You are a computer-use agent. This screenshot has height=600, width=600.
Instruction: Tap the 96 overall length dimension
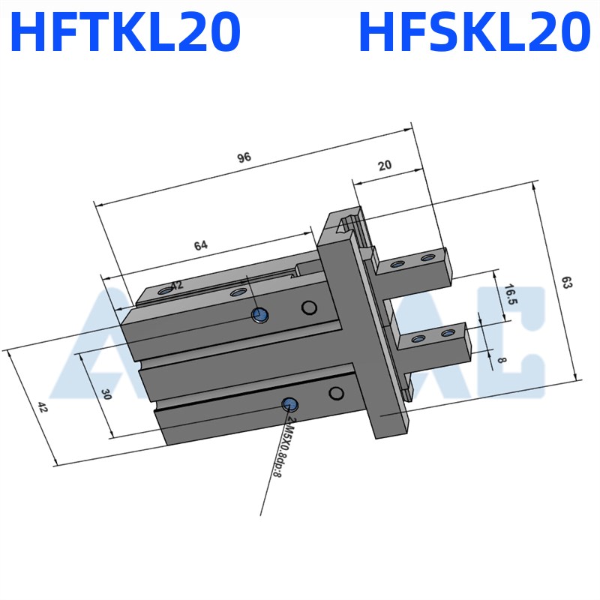(243, 157)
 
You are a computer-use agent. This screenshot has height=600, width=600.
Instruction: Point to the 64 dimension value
(201, 245)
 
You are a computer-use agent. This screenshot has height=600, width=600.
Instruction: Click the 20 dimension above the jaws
(385, 166)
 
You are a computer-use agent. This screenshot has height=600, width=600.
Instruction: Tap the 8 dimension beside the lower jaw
(502, 359)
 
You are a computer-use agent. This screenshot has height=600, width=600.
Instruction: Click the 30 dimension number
(106, 394)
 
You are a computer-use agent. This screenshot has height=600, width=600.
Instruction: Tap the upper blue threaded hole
(259, 316)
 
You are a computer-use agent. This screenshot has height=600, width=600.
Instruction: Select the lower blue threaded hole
(289, 405)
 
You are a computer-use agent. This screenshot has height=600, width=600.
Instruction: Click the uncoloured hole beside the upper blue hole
(307, 307)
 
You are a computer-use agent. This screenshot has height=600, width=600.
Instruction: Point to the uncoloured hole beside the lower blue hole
(336, 394)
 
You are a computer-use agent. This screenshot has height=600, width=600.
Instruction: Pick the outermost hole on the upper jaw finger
(427, 258)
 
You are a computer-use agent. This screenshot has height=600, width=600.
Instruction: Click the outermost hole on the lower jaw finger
(448, 332)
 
